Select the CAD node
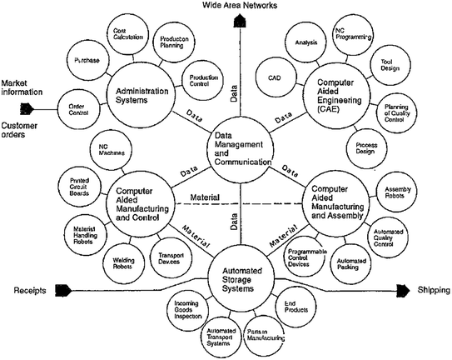pyautogui.click(x=275, y=77)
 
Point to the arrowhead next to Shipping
pyautogui.click(x=403, y=290)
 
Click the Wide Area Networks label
pyautogui.click(x=236, y=7)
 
